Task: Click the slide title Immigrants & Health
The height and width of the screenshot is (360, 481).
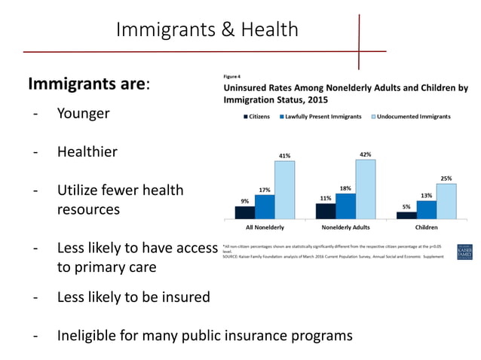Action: click(207, 30)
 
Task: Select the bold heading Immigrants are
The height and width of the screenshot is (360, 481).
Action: click(89, 84)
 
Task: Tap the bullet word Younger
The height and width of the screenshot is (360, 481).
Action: click(83, 114)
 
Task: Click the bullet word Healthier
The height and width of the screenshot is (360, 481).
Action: click(87, 151)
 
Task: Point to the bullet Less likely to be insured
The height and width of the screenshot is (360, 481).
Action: click(133, 297)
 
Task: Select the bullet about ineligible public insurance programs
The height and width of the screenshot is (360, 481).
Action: click(204, 334)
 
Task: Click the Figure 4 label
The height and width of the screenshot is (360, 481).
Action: click(230, 76)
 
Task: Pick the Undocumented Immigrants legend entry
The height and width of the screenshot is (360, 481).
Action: click(412, 117)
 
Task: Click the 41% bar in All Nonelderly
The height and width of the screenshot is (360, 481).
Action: click(284, 189)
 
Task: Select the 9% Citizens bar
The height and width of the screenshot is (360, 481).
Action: click(244, 212)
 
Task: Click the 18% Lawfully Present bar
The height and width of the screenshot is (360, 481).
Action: click(345, 206)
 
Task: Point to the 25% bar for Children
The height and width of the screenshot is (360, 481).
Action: click(446, 200)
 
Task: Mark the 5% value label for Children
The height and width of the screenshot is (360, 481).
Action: click(406, 207)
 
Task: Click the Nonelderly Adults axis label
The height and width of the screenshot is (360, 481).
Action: click(345, 226)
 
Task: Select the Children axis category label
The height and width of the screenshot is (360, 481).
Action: click(426, 226)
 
